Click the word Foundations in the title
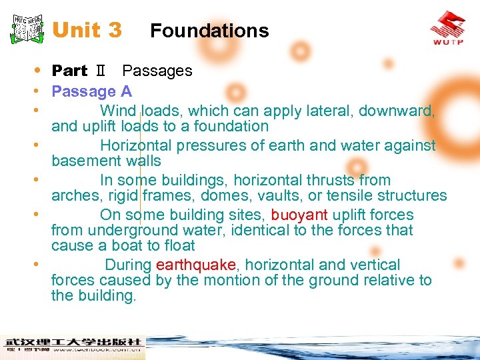pos(209,31)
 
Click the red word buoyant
pos(299,215)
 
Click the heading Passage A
pos(91,91)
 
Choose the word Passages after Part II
pos(157,71)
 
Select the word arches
pos(74,195)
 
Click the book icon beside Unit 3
pos(27,28)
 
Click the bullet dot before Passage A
pos(42,91)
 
